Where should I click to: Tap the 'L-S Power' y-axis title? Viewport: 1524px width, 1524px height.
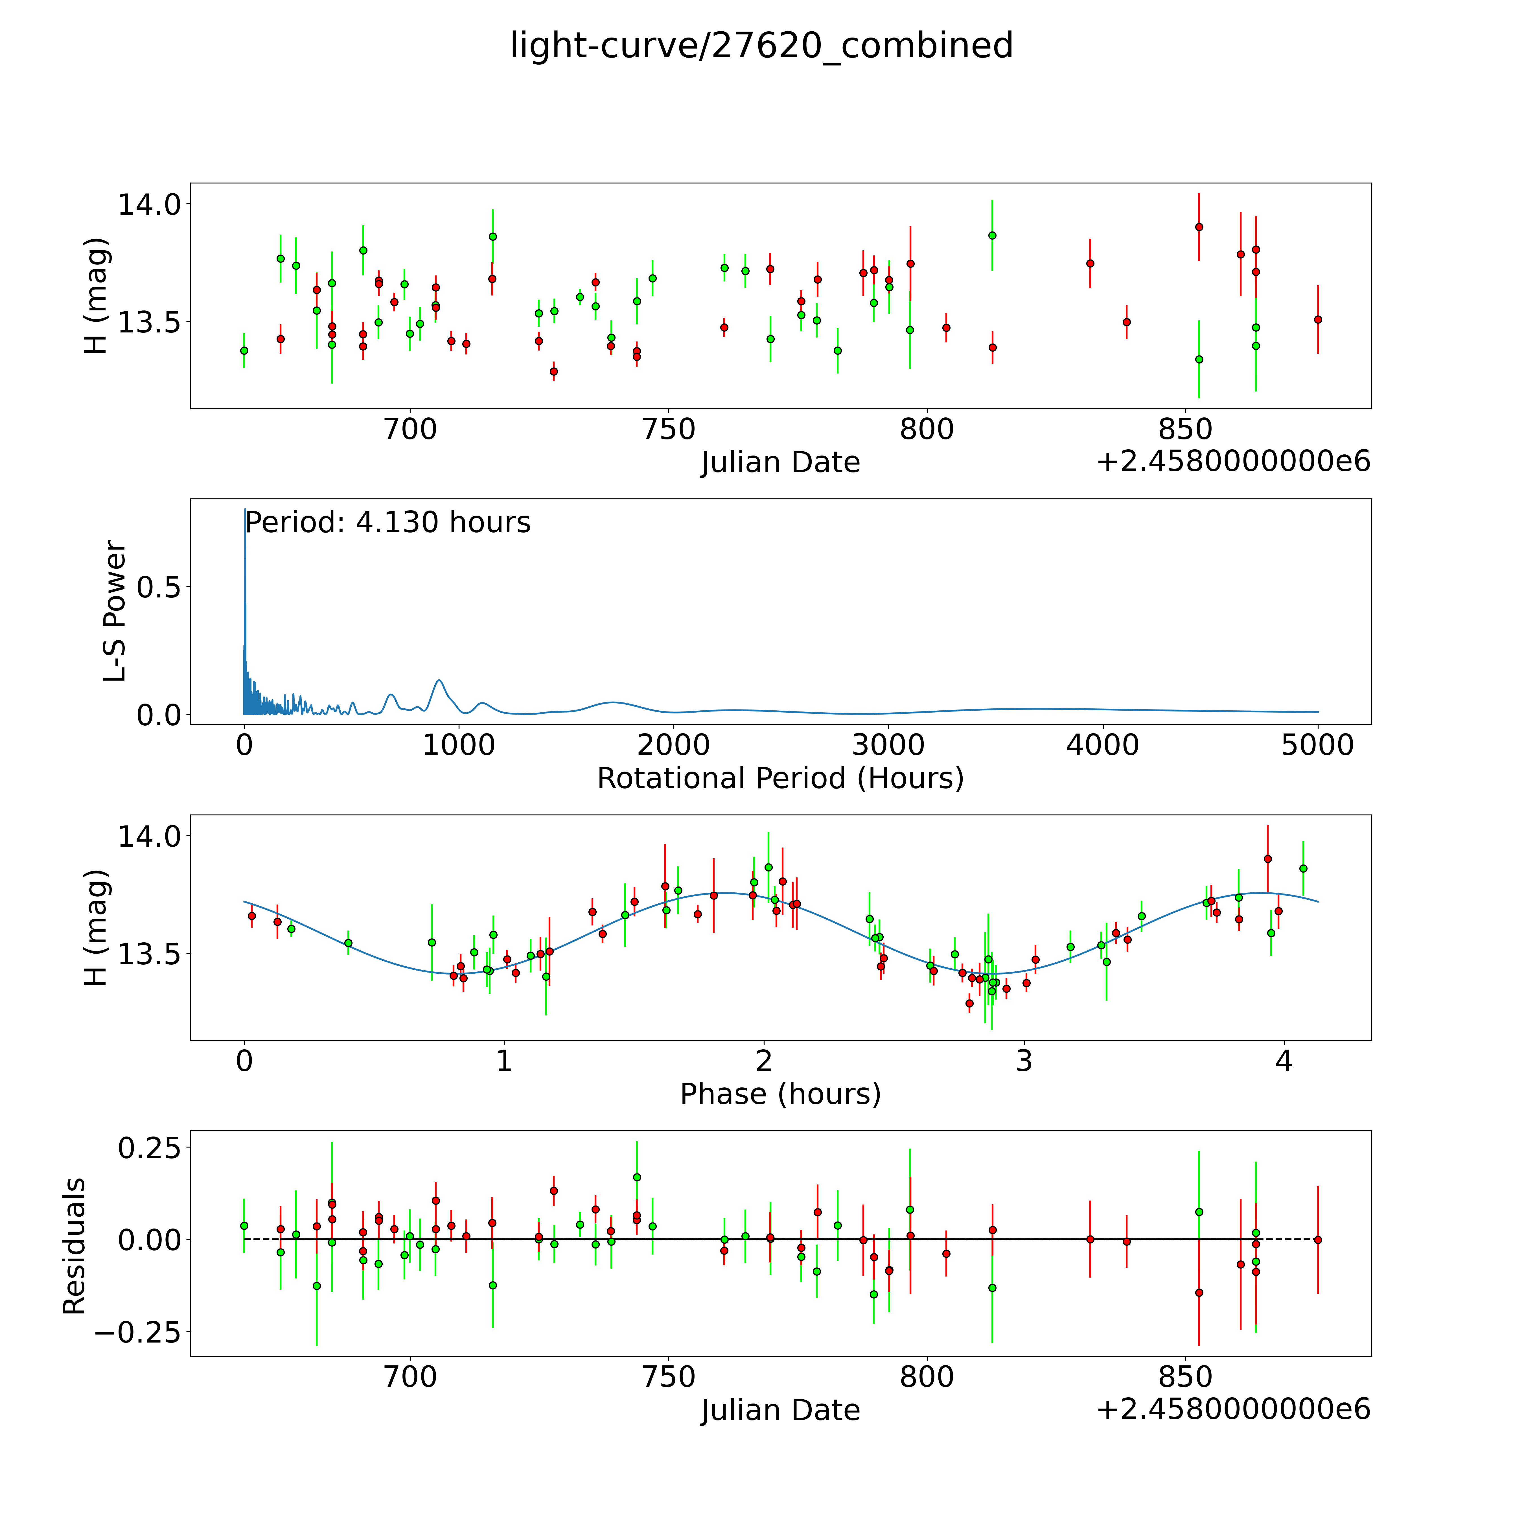(115, 611)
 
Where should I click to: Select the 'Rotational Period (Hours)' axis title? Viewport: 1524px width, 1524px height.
(780, 779)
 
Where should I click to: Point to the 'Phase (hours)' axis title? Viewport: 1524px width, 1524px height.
(780, 1094)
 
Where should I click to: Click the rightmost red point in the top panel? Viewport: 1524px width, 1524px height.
(1317, 319)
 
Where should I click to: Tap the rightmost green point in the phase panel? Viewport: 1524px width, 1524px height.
(1303, 868)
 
